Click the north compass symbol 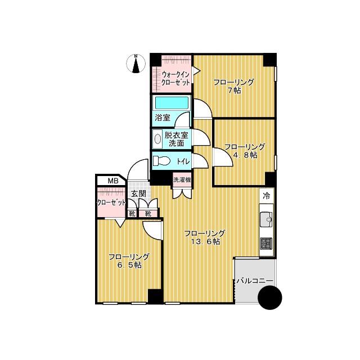click(136, 64)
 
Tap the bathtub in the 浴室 click(172, 103)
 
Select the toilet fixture click(161, 161)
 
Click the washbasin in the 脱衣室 click(157, 139)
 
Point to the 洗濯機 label click(182, 180)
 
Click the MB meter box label click(113, 181)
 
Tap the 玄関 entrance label click(138, 193)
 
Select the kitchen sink click(266, 219)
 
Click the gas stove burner click(266, 244)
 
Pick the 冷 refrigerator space click(267, 196)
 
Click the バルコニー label click(255, 281)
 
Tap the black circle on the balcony click(270, 298)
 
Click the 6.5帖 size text click(129, 265)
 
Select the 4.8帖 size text click(245, 155)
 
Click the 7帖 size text click(234, 91)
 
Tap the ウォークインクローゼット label click(176, 78)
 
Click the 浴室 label click(163, 118)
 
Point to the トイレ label click(183, 161)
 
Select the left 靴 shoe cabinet click(132, 214)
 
